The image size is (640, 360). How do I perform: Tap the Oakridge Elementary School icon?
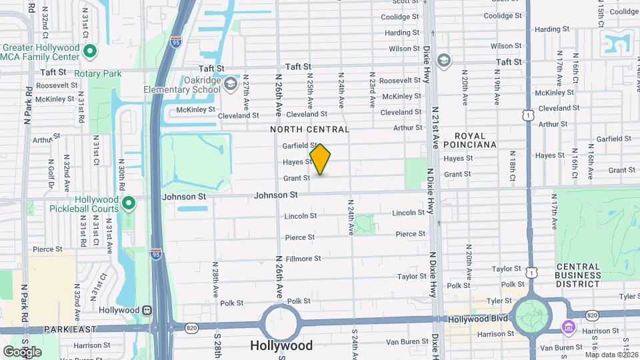230,84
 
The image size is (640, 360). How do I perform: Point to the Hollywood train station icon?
146,310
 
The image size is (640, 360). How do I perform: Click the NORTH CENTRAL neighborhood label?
309,129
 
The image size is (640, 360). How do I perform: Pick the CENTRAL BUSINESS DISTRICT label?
578,275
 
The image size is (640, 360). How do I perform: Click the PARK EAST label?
70,329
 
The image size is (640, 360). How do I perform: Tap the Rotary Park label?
98,73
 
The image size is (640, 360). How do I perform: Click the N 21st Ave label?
434,127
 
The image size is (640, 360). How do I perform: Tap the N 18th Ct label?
513,165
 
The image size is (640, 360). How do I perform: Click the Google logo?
23,351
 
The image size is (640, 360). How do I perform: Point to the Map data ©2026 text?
611,355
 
